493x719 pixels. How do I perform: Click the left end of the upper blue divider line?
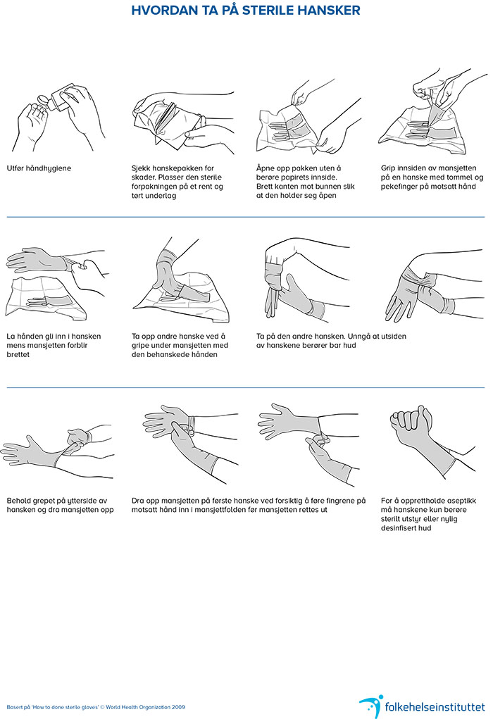tap(7, 217)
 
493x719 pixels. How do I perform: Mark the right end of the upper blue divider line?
tap(485, 217)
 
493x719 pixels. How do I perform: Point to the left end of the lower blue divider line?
tap(7, 387)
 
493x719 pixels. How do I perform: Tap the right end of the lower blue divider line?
tap(485, 387)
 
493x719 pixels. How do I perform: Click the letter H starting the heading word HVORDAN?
tap(136, 11)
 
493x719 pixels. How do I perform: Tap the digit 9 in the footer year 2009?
tap(183, 707)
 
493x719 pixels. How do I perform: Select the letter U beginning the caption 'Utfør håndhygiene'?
tap(9, 168)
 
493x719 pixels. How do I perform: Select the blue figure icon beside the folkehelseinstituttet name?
tap(370, 706)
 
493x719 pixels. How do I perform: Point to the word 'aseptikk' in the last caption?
tap(460, 501)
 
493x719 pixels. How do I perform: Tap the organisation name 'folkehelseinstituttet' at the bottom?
tap(435, 706)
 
